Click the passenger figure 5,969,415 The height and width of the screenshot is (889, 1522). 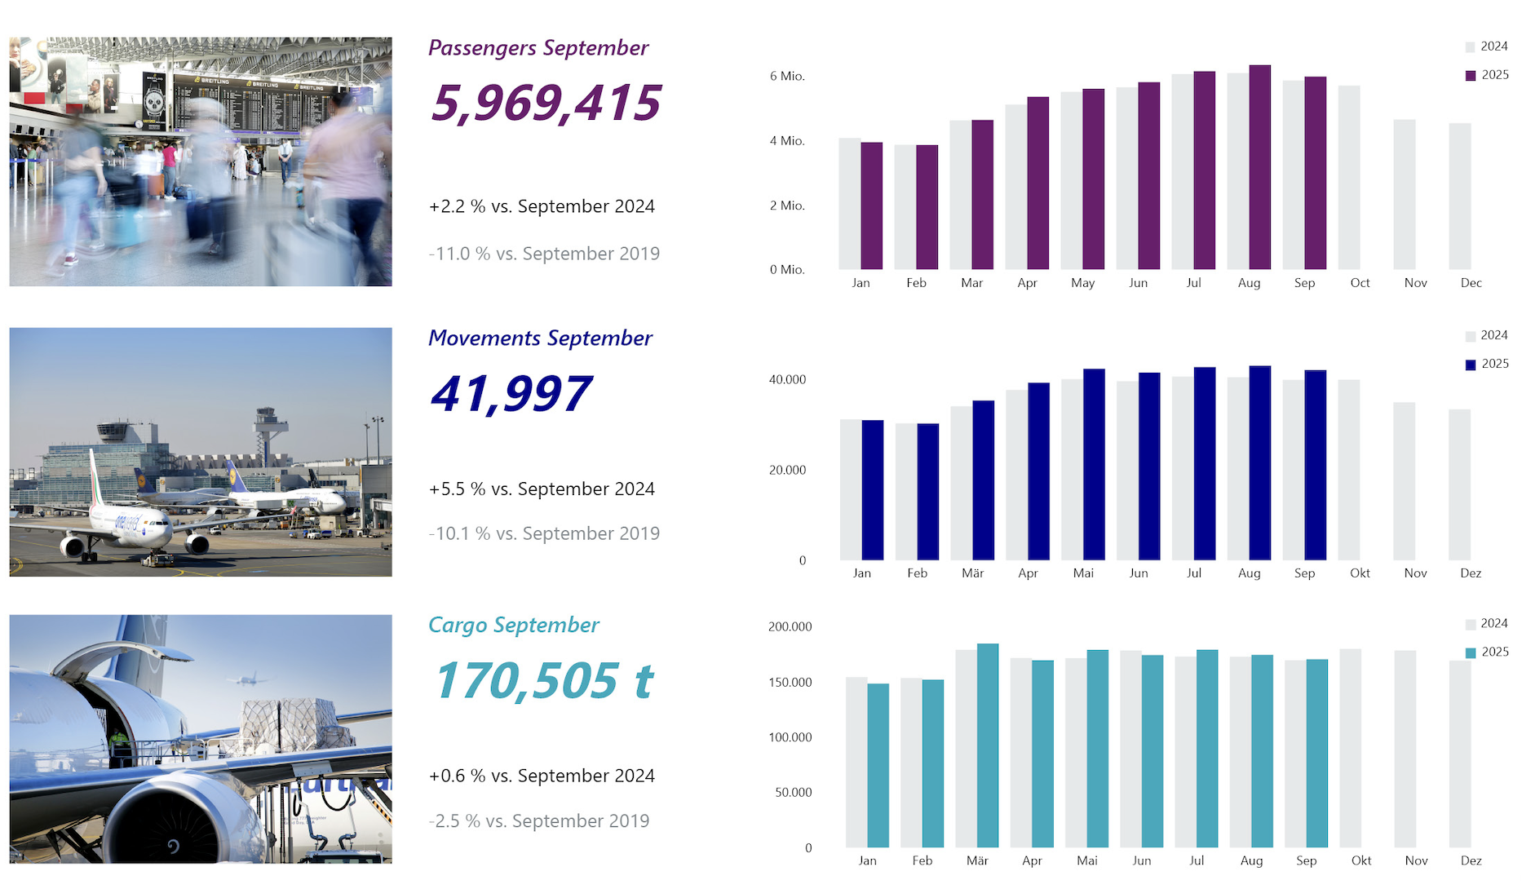[546, 104]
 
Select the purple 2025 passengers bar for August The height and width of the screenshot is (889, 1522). [1259, 167]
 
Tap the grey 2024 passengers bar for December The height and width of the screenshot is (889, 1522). [1459, 196]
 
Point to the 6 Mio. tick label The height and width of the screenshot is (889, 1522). [787, 76]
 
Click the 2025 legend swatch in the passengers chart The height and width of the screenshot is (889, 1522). [1471, 75]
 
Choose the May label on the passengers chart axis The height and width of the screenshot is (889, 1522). [1082, 283]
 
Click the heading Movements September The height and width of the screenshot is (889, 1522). [540, 338]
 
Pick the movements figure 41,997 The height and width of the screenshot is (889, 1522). [511, 394]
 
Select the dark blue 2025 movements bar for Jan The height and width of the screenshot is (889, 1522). [873, 489]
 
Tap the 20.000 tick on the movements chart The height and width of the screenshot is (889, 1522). [787, 470]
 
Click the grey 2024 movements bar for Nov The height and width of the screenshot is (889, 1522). [1404, 481]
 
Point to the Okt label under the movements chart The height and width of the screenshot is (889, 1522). [1360, 573]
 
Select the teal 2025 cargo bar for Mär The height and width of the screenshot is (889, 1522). [988, 745]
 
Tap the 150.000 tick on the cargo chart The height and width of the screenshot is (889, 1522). [790, 682]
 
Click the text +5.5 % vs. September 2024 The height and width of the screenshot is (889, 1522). [542, 489]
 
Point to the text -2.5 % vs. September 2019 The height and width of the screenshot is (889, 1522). [539, 820]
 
